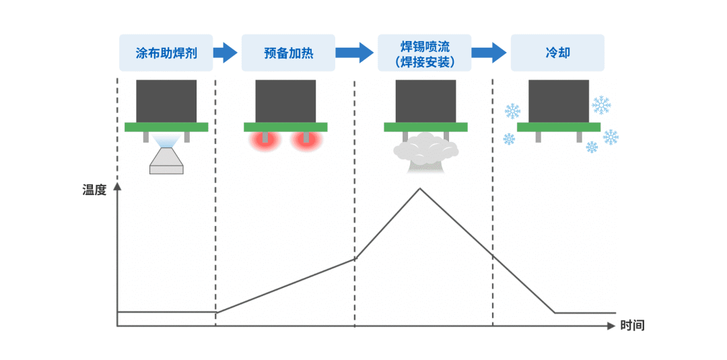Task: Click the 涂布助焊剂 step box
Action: pyautogui.click(x=166, y=52)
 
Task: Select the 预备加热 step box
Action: pyautogui.click(x=289, y=52)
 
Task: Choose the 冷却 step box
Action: pyautogui.click(x=557, y=52)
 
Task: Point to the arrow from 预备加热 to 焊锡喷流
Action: pyautogui.click(x=355, y=52)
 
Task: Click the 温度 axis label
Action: pyautogui.click(x=94, y=190)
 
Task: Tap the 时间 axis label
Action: pyautogui.click(x=633, y=326)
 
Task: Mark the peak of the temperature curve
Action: pyautogui.click(x=420, y=188)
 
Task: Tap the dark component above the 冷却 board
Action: pyautogui.click(x=558, y=101)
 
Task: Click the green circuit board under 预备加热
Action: pyautogui.click(x=285, y=127)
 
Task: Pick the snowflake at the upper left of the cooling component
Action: pyautogui.click(x=512, y=110)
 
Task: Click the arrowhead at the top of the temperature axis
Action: pyautogui.click(x=118, y=186)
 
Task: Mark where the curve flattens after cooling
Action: pyautogui.click(x=555, y=313)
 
